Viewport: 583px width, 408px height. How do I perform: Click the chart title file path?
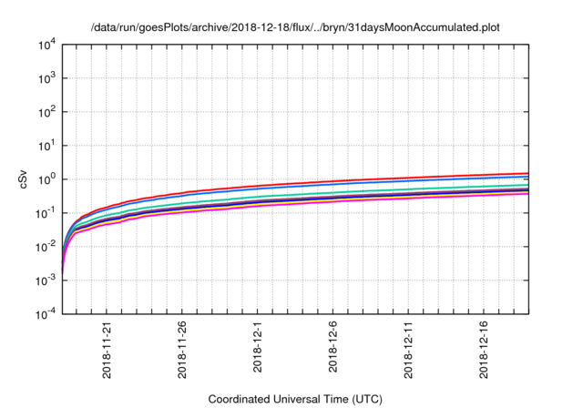296,28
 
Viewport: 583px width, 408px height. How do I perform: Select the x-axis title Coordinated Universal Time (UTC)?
296,399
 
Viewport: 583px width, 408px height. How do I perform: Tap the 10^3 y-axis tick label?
47,78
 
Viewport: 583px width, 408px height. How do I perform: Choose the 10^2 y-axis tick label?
47,112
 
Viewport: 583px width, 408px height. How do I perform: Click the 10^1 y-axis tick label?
47,146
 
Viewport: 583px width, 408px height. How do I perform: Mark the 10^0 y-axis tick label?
47,179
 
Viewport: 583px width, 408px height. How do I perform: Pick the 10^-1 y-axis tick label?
46,213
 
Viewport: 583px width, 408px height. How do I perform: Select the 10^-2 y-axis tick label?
46,247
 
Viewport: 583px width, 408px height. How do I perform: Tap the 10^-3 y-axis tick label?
46,280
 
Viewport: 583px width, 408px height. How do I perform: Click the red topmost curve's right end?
527,173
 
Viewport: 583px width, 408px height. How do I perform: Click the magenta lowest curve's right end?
527,193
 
